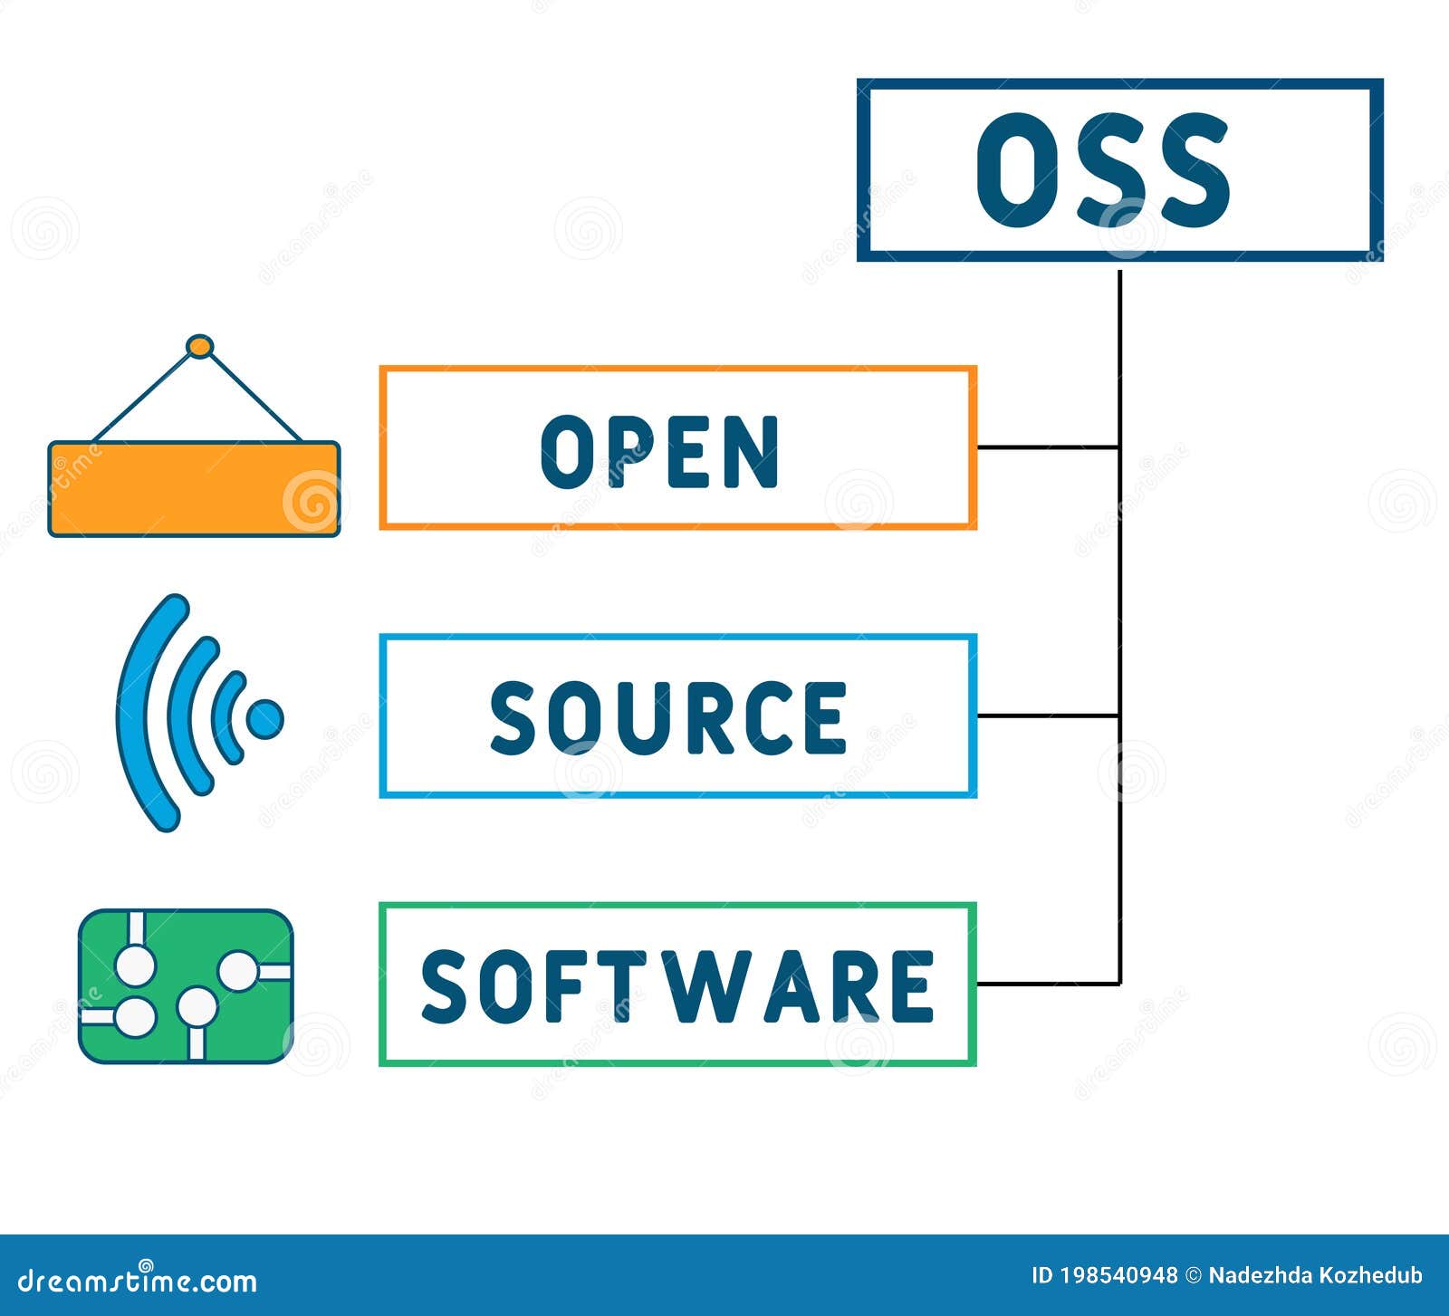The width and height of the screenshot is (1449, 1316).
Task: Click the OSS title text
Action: (1102, 170)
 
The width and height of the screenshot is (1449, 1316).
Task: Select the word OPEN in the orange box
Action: (659, 451)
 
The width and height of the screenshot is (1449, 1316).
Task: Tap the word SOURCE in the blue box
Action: (668, 717)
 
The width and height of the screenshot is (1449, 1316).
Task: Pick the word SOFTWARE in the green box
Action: (677, 985)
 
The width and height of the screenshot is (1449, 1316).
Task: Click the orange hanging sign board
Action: (194, 489)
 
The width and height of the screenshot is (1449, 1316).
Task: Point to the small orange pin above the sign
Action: (199, 347)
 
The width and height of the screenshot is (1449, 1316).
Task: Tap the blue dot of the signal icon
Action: (264, 718)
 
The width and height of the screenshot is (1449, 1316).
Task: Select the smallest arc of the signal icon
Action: (227, 717)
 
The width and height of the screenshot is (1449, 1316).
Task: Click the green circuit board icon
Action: (186, 985)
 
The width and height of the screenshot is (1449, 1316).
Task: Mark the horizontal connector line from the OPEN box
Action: (1048, 447)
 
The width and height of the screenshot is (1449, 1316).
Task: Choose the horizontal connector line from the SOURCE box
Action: (1048, 716)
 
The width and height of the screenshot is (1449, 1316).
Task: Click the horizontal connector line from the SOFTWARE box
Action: (1048, 984)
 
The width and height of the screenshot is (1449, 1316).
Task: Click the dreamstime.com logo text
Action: (138, 1281)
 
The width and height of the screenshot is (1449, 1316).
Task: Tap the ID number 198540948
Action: (1118, 1275)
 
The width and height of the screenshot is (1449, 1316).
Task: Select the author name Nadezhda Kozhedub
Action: (1315, 1275)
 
